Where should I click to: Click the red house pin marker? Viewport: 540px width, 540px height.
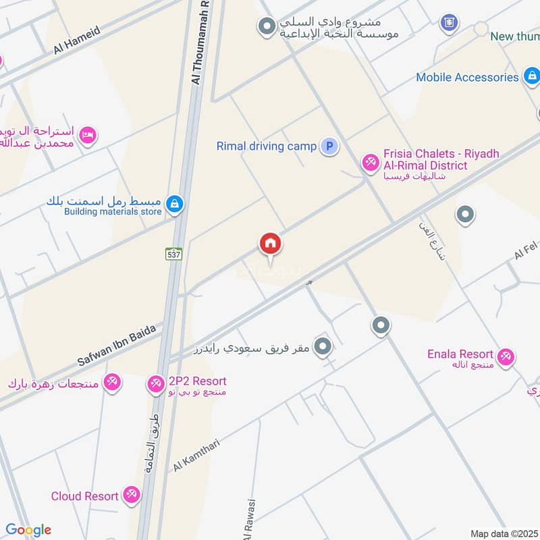coord(270,245)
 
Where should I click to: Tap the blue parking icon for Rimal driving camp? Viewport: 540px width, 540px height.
coord(329,146)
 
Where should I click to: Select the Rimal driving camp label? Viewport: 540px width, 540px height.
coord(266,146)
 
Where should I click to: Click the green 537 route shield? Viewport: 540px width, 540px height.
coord(173,254)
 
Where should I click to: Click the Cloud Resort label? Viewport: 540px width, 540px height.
coord(85,496)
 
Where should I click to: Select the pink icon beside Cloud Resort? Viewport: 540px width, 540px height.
coord(132,496)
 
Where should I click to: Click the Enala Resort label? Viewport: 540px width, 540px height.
coord(460,354)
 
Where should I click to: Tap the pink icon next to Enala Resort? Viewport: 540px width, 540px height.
coord(505,356)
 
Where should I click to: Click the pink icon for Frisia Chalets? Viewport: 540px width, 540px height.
coord(369,161)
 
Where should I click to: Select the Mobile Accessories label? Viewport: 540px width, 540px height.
coord(467,77)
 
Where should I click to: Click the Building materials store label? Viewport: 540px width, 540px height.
coord(113,212)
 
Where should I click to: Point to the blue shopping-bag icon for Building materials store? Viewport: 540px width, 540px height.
coord(174,204)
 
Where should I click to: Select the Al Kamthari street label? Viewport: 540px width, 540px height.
coord(197,454)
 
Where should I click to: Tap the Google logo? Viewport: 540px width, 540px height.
coord(28,530)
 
